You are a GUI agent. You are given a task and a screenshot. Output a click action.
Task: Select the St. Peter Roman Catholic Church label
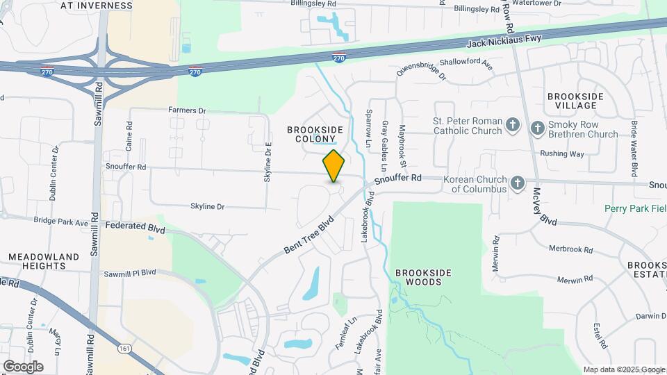tap(467, 126)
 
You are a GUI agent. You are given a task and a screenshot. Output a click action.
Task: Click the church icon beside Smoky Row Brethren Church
tap(537, 128)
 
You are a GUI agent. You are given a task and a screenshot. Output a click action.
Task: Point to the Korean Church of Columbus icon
tap(517, 183)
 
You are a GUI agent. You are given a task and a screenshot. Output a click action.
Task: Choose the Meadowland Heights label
tap(44, 262)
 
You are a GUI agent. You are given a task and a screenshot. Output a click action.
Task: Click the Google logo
tap(23, 366)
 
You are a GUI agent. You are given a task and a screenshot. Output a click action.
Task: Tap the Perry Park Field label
tap(635, 208)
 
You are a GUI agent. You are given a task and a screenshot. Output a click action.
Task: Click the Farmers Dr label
tap(188, 110)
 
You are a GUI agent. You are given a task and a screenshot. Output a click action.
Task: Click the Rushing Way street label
tap(562, 153)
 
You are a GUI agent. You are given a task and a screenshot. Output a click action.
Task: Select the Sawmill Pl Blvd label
tap(130, 272)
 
